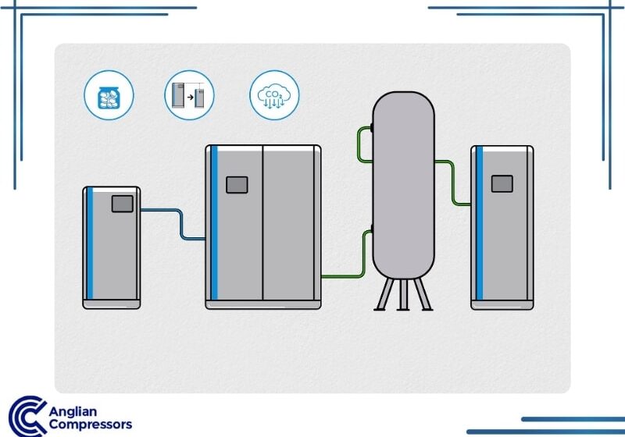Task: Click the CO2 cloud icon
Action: point(274,95)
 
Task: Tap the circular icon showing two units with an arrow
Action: point(190,95)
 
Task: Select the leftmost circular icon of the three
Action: point(109,95)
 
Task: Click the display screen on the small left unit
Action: point(122,204)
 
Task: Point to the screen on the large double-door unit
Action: point(236,185)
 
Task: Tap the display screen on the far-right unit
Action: point(502,183)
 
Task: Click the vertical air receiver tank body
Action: point(403,187)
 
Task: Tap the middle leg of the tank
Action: point(403,295)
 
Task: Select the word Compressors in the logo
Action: point(91,425)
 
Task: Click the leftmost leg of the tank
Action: point(384,295)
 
